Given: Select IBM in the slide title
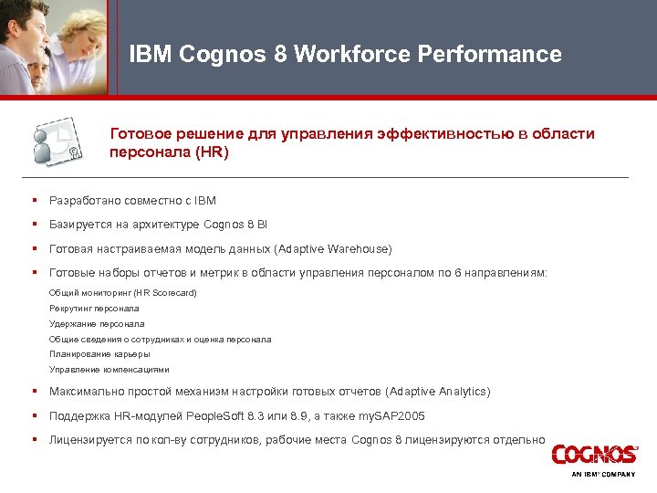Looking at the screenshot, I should (x=151, y=55).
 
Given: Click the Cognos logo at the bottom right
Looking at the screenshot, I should (x=594, y=455).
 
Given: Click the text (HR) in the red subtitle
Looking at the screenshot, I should (x=212, y=152).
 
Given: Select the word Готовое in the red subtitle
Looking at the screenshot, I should (x=142, y=134).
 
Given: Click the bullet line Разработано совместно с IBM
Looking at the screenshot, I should (x=132, y=200).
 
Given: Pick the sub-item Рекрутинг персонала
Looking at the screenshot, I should (x=94, y=309).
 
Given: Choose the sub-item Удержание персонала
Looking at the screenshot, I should (x=97, y=323).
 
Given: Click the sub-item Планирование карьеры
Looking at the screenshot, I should (x=99, y=354).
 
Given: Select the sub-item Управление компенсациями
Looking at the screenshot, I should (x=109, y=370).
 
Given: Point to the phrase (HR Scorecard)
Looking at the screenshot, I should (x=164, y=293).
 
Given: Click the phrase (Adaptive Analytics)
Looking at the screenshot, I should (x=438, y=392).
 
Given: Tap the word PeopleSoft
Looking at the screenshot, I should (x=221, y=415).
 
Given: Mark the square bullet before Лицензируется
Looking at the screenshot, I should (x=33, y=439).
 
